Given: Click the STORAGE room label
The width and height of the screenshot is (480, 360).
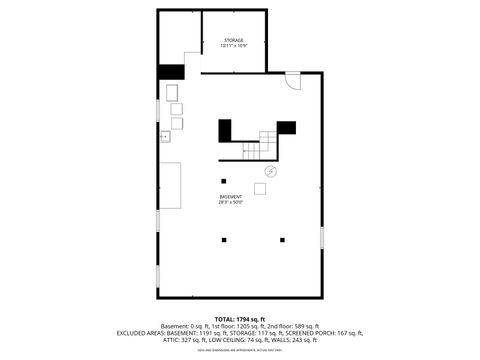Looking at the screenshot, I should (232, 40).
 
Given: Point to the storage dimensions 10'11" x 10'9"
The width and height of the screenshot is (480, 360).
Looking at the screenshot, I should (232, 46).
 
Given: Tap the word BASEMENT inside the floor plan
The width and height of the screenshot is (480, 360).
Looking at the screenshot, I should (231, 197).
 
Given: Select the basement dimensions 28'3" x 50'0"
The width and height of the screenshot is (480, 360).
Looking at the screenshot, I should (231, 203).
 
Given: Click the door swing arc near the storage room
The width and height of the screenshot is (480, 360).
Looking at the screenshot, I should (291, 81).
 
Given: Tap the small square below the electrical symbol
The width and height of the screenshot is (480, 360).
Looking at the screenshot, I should (261, 188).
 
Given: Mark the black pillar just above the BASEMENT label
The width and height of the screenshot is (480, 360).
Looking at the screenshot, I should (223, 181).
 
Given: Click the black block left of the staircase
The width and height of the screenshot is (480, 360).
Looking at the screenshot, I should (225, 129).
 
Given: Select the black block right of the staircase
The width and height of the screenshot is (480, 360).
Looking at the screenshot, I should (286, 127).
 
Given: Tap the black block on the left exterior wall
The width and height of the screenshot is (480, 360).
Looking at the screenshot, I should (171, 72).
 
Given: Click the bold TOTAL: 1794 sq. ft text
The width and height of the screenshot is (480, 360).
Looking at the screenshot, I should (240, 319).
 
